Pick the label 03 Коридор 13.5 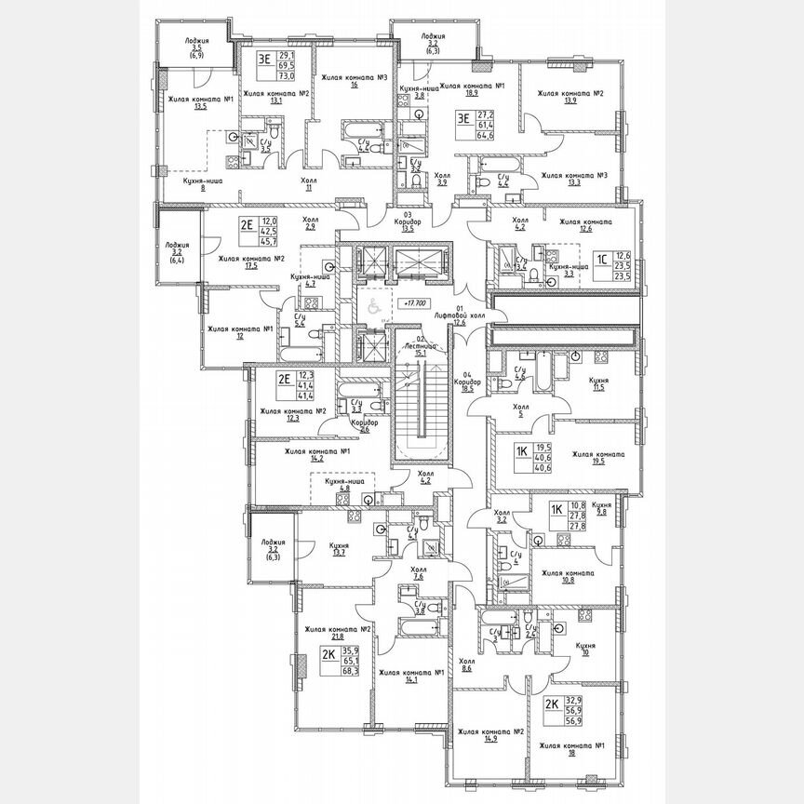click(415, 221)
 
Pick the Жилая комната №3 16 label click(355, 82)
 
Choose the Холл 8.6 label click(467, 664)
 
